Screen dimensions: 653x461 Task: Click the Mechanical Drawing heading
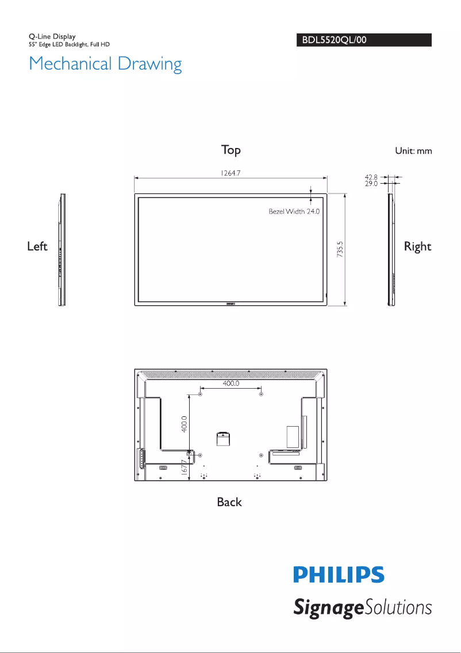click(105, 63)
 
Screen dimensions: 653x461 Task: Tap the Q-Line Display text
click(52, 37)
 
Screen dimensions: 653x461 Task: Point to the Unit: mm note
click(413, 151)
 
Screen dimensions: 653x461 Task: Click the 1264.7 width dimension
click(230, 173)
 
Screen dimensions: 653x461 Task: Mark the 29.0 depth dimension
click(371, 184)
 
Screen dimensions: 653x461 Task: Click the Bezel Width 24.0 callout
click(294, 211)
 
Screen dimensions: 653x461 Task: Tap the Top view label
click(230, 150)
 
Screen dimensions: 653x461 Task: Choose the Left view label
click(37, 246)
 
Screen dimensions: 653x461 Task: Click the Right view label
click(417, 246)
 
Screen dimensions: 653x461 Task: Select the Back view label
click(229, 502)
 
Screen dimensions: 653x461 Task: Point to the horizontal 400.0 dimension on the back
click(230, 383)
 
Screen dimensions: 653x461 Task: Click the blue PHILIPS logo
click(339, 575)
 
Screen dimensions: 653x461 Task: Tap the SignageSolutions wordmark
click(362, 608)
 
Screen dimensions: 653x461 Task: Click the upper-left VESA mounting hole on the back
click(200, 394)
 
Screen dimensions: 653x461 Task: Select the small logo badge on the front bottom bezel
click(230, 302)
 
